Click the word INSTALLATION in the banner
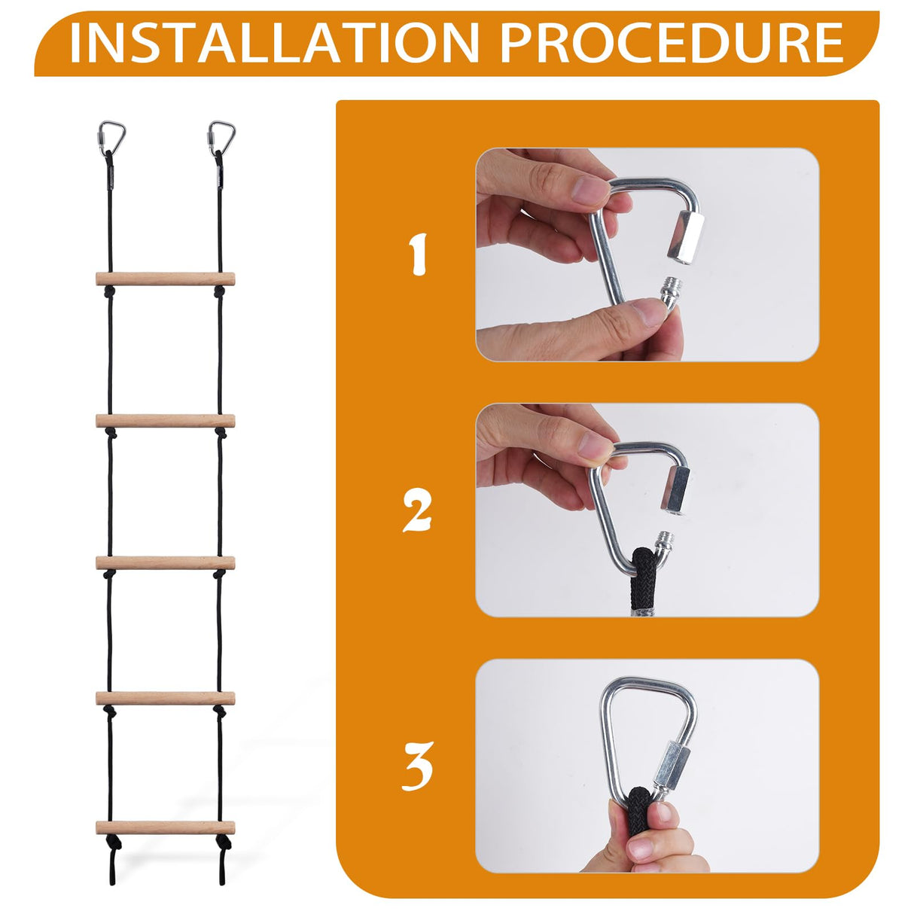click(274, 43)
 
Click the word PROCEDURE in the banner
click(672, 43)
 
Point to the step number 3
click(417, 766)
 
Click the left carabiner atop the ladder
click(111, 136)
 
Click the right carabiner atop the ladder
click(221, 136)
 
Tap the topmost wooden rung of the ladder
click(166, 279)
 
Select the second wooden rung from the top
click(166, 421)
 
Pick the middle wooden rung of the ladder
click(166, 562)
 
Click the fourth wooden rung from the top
click(166, 698)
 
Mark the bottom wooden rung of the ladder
click(166, 827)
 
